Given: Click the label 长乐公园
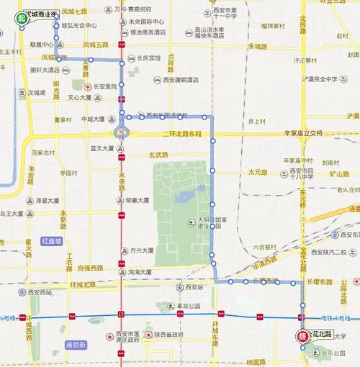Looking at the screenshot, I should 338,352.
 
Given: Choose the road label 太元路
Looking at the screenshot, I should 257,172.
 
